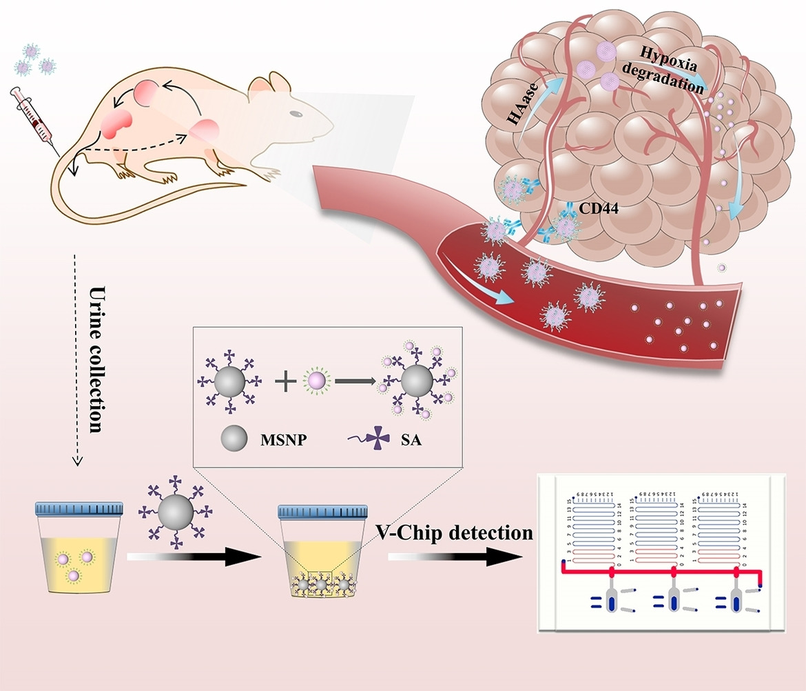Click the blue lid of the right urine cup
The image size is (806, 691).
[x=320, y=512]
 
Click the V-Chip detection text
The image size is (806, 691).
[x=454, y=532]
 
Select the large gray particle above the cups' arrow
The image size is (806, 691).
[x=174, y=515]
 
